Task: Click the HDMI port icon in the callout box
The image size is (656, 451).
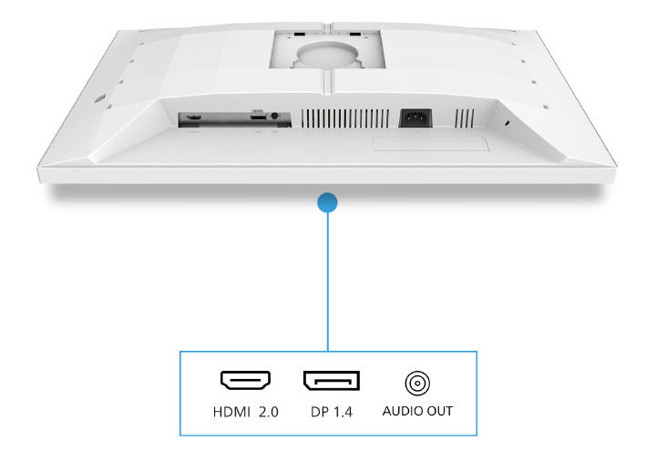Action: pos(246,380)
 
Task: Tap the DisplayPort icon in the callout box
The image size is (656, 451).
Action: pos(332,380)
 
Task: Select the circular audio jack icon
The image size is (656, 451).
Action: pos(417,384)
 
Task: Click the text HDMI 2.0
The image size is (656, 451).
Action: pos(246,412)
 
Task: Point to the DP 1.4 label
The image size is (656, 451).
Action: pos(332,412)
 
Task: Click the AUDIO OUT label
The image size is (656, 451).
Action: pos(417,411)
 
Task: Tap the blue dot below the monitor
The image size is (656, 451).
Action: pos(328,202)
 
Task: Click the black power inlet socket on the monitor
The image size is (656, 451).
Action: pos(415,118)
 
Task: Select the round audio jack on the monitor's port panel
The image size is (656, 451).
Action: pos(274,116)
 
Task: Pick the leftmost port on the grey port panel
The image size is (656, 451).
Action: pos(193,118)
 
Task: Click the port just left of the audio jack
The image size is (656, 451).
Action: pos(258,118)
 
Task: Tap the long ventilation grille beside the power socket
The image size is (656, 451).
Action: pos(345,118)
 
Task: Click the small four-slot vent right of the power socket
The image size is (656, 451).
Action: pos(465,118)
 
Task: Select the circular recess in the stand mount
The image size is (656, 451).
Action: pos(328,53)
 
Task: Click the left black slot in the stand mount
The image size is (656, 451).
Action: pos(300,34)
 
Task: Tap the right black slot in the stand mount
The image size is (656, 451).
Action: pos(355,34)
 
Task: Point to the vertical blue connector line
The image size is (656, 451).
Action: pos(328,282)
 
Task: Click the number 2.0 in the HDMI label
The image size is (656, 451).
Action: pos(269,412)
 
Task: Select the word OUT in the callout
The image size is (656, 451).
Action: pos(440,411)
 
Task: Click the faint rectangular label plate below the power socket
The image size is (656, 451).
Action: pos(431,144)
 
